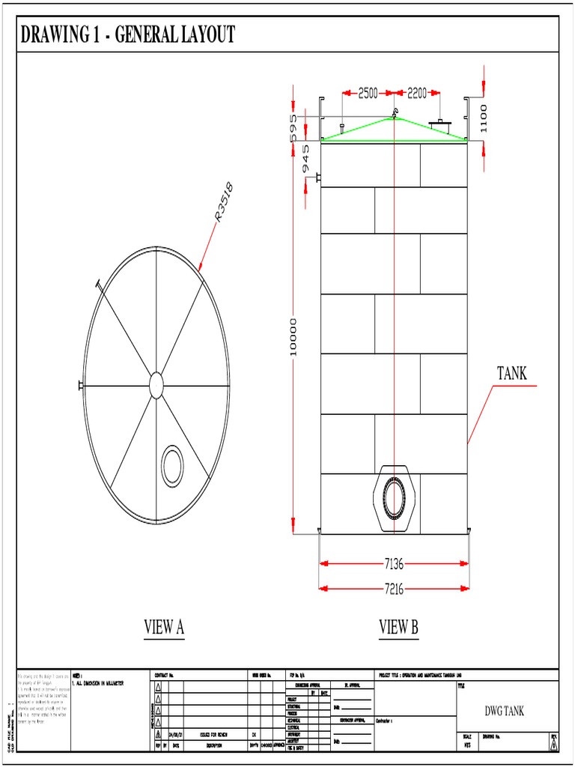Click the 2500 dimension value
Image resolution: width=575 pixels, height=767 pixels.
point(368,94)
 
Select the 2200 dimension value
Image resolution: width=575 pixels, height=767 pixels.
point(417,94)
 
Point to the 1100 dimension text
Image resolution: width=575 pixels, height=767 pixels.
point(484,118)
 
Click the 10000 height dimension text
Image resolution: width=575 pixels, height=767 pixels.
point(293,337)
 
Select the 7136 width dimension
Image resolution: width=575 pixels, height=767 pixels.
point(394,563)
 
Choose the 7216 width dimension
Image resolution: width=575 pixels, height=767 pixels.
point(394,589)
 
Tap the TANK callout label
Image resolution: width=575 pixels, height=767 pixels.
point(512,373)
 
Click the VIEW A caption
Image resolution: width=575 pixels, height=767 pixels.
point(164,628)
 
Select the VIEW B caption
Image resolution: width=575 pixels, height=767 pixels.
point(398,628)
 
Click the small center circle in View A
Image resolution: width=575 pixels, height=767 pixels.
point(156,385)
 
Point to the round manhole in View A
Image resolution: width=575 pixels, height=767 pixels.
point(172,464)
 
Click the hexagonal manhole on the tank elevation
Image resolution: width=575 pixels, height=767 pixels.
point(394,497)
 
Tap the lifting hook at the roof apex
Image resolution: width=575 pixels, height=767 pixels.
point(392,114)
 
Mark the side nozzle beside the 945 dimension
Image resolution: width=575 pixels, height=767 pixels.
point(318,178)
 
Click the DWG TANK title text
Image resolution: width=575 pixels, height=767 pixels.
point(505,711)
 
